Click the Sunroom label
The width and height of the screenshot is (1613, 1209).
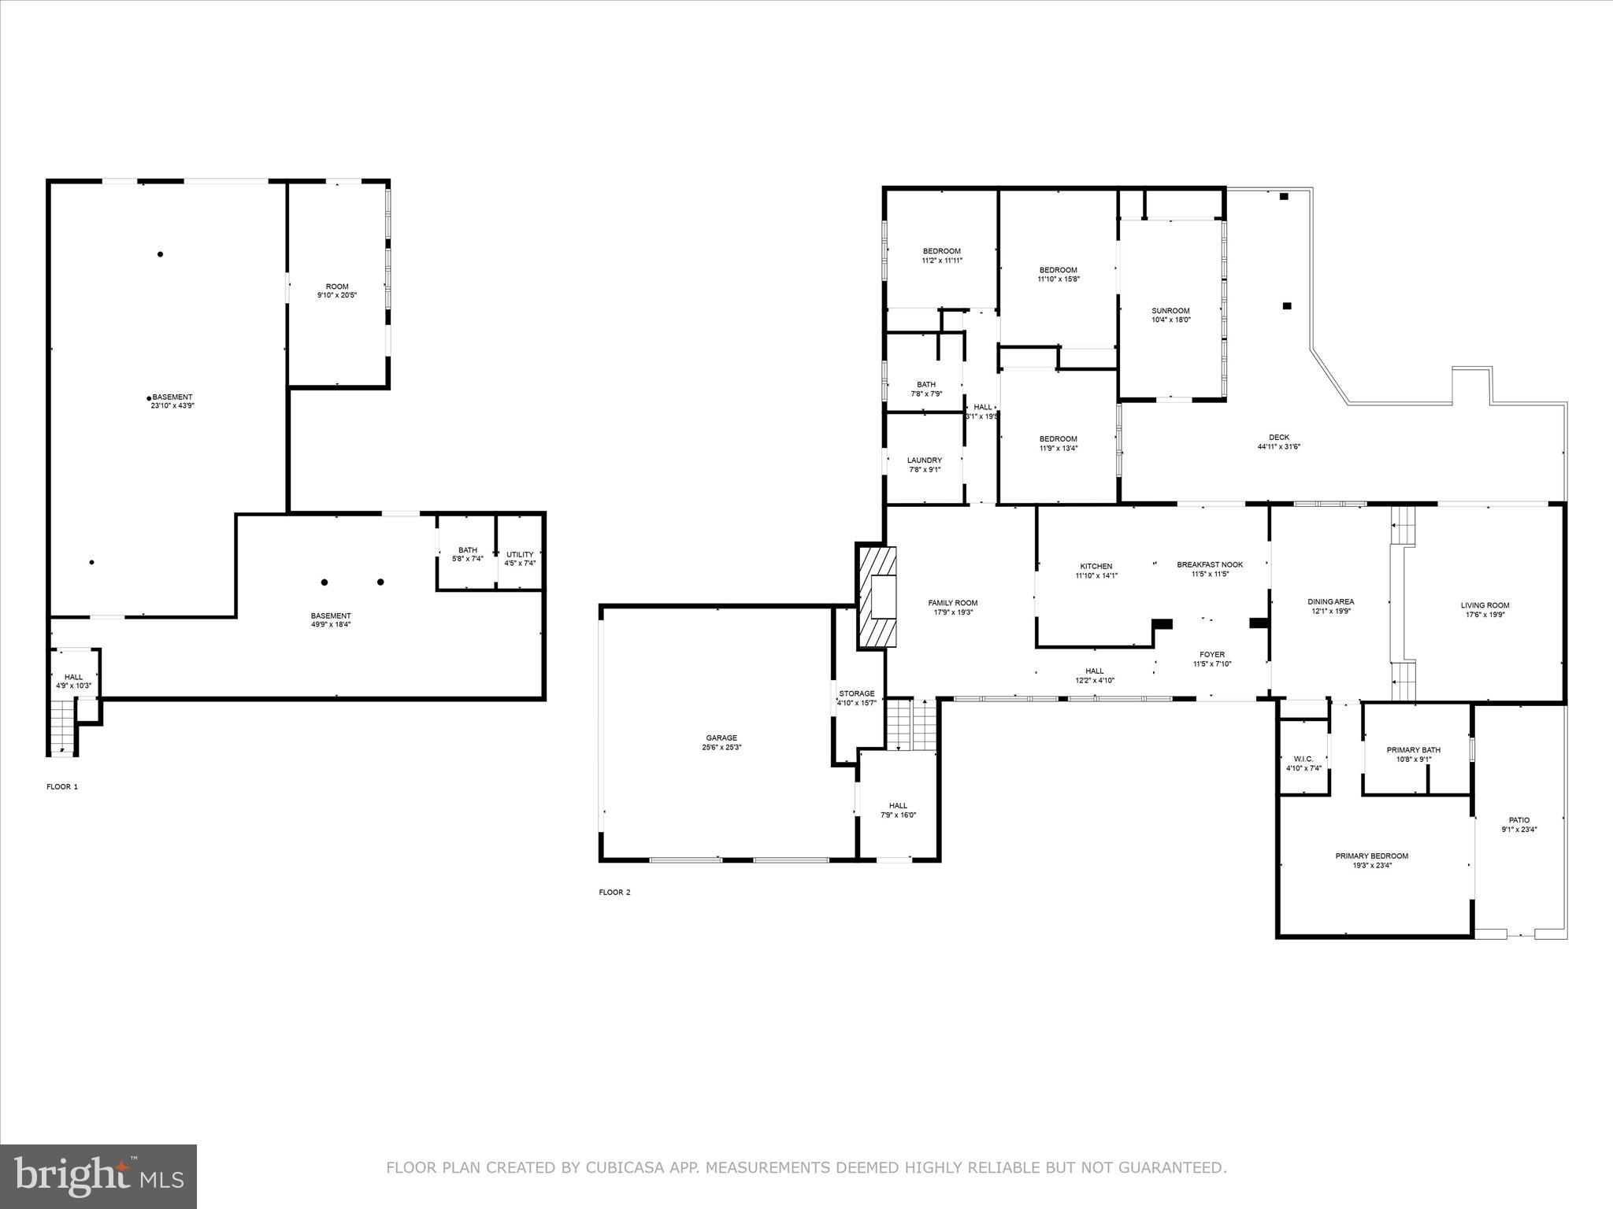click(x=1170, y=311)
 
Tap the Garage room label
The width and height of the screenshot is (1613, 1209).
click(x=721, y=738)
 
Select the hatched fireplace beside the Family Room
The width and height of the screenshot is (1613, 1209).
click(x=877, y=598)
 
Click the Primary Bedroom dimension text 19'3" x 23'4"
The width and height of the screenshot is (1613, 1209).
click(x=1371, y=866)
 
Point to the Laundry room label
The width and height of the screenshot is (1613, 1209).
click(x=924, y=460)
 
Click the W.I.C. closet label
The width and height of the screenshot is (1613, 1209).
click(x=1303, y=759)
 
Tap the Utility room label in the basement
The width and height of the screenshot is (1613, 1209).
click(x=520, y=554)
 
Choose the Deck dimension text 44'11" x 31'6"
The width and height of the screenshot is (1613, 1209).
click(x=1278, y=447)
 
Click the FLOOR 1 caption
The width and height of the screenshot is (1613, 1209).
click(x=62, y=786)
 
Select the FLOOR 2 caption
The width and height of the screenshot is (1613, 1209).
click(x=614, y=892)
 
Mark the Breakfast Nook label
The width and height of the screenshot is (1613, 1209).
click(x=1209, y=564)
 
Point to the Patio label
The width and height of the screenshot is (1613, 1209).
click(x=1518, y=820)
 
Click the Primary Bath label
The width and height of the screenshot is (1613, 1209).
click(x=1413, y=750)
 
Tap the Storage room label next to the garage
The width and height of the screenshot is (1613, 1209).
click(x=856, y=693)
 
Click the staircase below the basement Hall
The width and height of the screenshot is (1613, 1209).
click(x=61, y=727)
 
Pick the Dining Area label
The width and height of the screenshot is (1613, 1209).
click(x=1330, y=601)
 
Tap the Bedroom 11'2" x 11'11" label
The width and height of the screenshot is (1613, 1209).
click(x=941, y=251)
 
